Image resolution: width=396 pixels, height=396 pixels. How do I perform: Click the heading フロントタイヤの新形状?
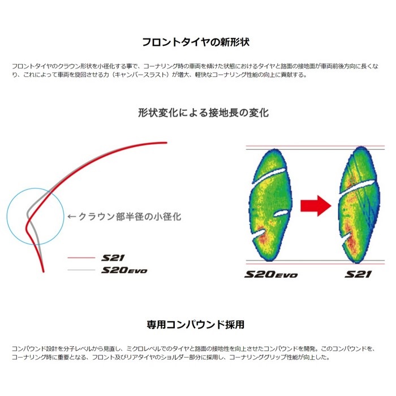pyautogui.click(x=196, y=42)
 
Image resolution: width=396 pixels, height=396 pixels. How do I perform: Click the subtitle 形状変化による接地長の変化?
pyautogui.click(x=203, y=113)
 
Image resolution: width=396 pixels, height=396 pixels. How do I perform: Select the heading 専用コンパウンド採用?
pyautogui.click(x=196, y=325)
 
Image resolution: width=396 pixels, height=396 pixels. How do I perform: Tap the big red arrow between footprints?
pyautogui.click(x=316, y=206)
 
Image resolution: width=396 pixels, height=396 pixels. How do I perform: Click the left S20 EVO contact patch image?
pyautogui.click(x=271, y=205)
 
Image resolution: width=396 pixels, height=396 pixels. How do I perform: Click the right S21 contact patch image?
pyautogui.click(x=359, y=205)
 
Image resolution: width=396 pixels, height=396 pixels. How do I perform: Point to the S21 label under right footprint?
pyautogui.click(x=358, y=274)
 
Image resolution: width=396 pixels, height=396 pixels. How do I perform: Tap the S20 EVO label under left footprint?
pyautogui.click(x=271, y=274)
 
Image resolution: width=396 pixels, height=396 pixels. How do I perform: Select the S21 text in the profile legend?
pyautogui.click(x=113, y=258)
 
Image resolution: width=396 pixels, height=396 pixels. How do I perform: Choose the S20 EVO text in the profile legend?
pyautogui.click(x=124, y=270)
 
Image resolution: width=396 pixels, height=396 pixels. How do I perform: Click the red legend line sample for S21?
pyautogui.click(x=81, y=258)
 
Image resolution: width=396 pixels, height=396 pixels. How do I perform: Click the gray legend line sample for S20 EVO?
pyautogui.click(x=81, y=270)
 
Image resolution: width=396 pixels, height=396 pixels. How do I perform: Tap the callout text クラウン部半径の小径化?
pyautogui.click(x=130, y=217)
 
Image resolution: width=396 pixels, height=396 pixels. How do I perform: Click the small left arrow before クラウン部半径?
pyautogui.click(x=72, y=217)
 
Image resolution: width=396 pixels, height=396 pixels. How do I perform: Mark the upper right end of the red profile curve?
pyautogui.click(x=166, y=143)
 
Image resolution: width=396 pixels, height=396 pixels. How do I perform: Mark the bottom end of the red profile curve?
pyautogui.click(x=44, y=271)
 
